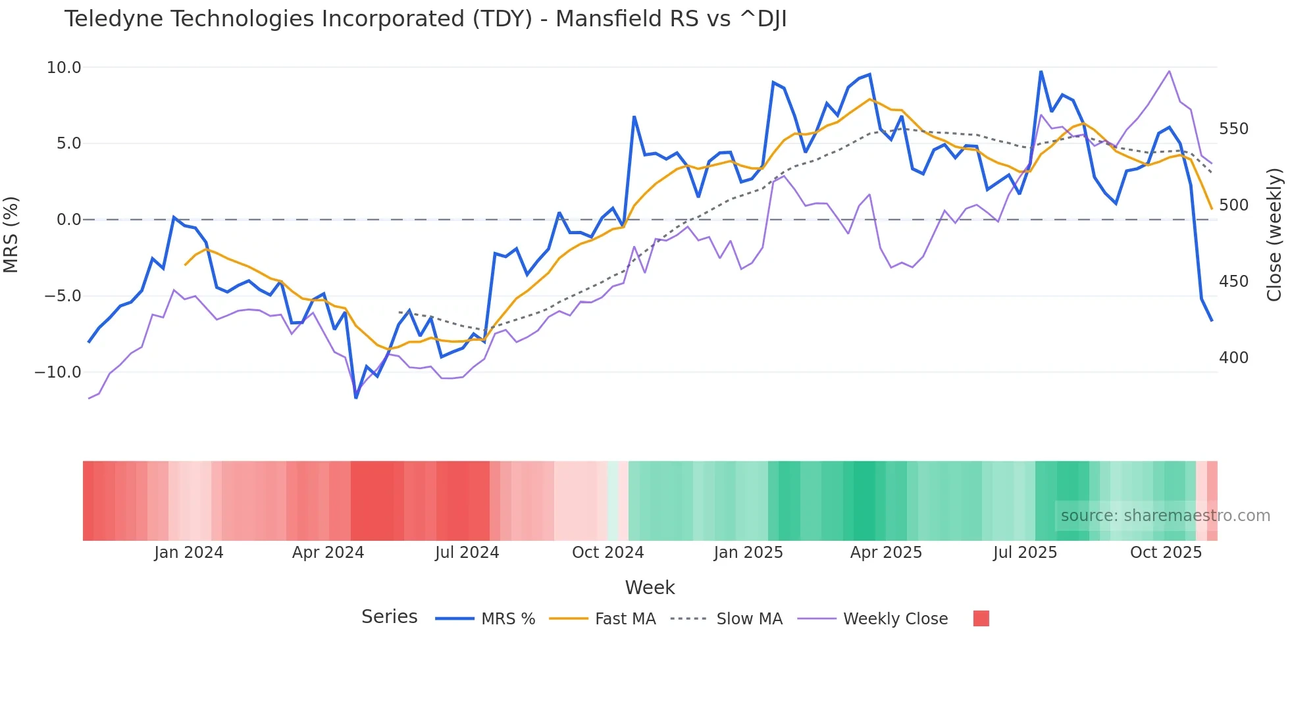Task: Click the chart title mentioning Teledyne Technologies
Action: click(x=425, y=19)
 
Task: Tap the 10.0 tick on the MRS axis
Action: click(x=64, y=68)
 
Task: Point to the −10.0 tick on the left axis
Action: click(x=59, y=372)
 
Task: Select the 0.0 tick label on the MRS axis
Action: click(x=68, y=220)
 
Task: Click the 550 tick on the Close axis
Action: click(x=1233, y=129)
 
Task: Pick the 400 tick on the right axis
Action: click(x=1233, y=358)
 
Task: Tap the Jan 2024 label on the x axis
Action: click(x=189, y=553)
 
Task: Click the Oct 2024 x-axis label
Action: click(x=607, y=553)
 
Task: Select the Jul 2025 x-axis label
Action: click(x=1025, y=553)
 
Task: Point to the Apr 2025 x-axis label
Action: click(x=886, y=553)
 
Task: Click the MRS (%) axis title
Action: click(x=11, y=235)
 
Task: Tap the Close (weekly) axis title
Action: click(x=1274, y=235)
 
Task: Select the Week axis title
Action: click(x=650, y=587)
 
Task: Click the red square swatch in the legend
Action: click(x=981, y=618)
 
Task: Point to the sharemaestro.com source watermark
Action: click(x=1165, y=516)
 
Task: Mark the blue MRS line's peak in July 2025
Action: click(x=1041, y=71)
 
